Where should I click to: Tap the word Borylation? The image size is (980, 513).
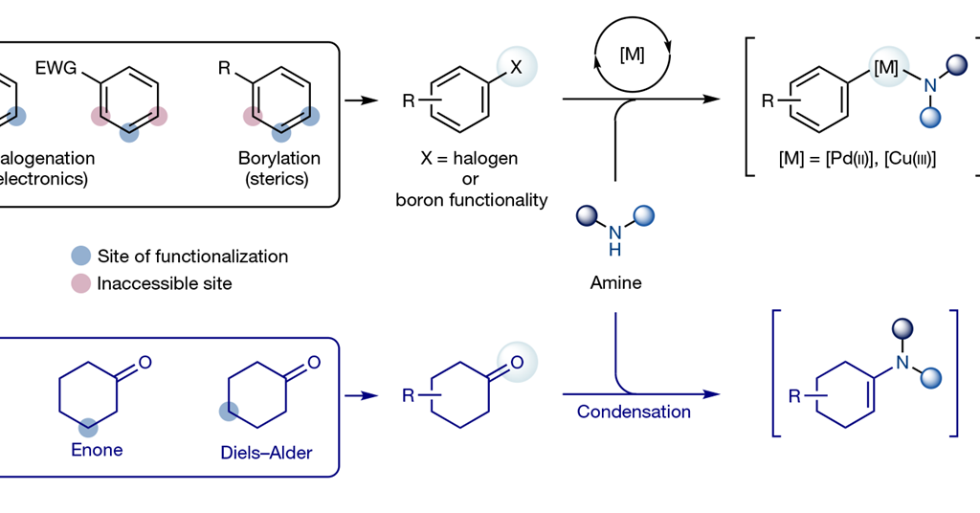point(279,158)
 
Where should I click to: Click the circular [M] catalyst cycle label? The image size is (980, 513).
point(633,55)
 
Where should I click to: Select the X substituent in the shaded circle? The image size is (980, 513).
point(516,67)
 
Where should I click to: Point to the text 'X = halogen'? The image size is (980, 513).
point(471,159)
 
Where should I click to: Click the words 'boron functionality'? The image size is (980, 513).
point(472,199)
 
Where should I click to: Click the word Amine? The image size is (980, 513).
point(615,283)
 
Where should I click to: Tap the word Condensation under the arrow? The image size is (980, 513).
point(634,412)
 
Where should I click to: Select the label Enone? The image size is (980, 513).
point(97,449)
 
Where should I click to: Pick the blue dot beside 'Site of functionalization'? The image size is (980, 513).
point(81,256)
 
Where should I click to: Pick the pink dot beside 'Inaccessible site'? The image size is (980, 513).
point(81,283)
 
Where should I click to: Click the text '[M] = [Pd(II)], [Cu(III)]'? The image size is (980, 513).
point(857,159)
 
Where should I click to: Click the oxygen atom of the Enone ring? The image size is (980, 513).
point(145,363)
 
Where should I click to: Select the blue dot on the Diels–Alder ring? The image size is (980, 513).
point(228,412)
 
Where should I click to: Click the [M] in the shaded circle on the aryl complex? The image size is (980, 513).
point(885,69)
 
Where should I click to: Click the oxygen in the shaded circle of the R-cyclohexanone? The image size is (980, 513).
point(517,363)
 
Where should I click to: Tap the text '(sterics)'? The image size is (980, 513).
point(279,179)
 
